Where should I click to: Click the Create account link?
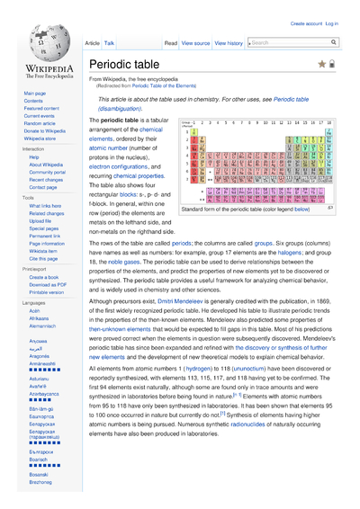[306, 24]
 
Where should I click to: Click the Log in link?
[331, 24]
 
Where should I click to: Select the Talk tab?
[109, 43]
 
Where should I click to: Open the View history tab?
[229, 43]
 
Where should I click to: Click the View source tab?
[195, 43]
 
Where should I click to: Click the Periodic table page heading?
[124, 65]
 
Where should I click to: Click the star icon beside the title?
[321, 65]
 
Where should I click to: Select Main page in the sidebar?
[35, 94]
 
